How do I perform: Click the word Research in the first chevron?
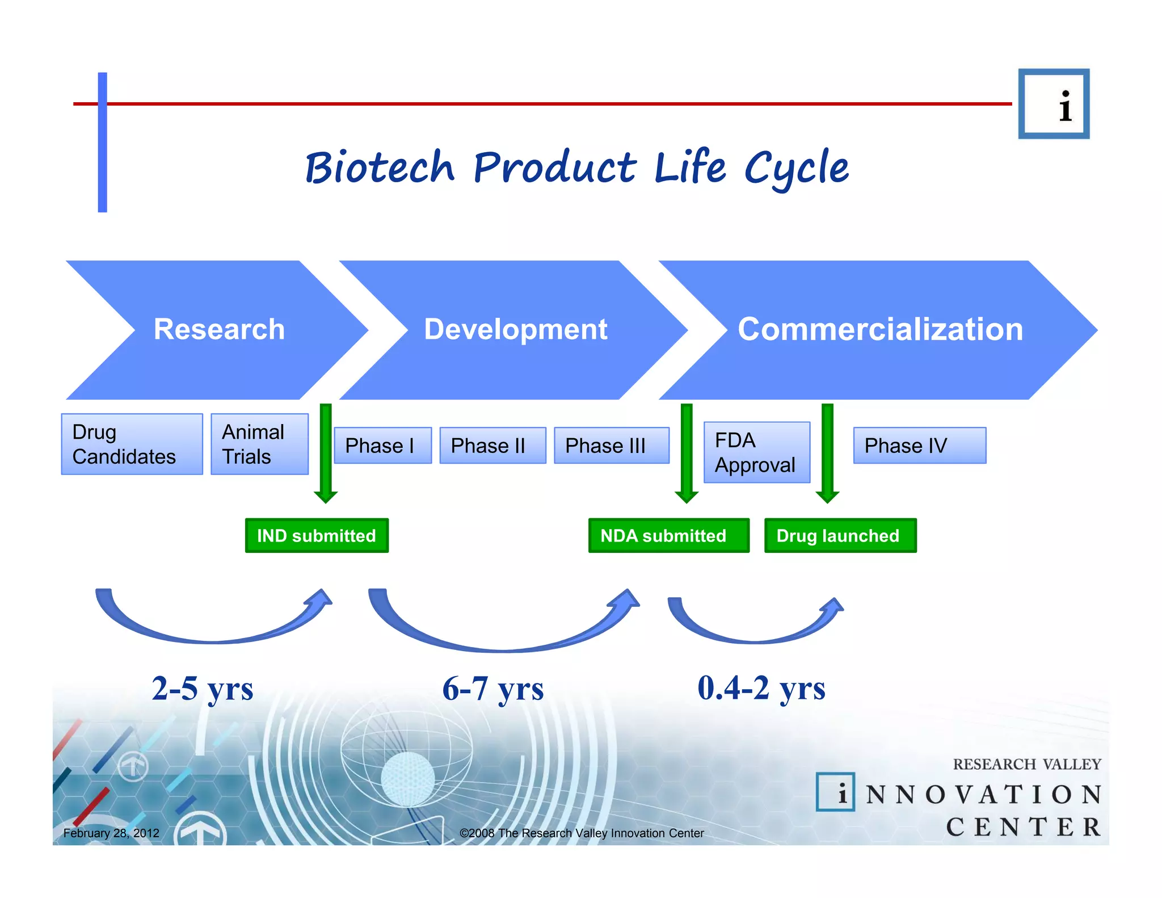[219, 329]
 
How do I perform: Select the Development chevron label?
[515, 329]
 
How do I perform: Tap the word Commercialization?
[880, 329]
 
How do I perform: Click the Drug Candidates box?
[132, 444]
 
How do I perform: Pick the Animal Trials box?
[259, 444]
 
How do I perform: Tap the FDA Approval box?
[756, 452]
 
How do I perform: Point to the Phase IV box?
[919, 446]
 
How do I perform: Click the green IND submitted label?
[317, 535]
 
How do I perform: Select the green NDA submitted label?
[668, 535]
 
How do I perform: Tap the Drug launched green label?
[840, 535]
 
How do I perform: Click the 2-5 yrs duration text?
[203, 689]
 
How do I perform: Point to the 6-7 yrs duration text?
[492, 689]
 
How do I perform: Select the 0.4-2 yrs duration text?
[761, 689]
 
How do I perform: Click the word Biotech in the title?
[380, 168]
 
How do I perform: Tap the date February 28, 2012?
[111, 833]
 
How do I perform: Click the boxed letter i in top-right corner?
[1054, 104]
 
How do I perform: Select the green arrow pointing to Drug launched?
[827, 454]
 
